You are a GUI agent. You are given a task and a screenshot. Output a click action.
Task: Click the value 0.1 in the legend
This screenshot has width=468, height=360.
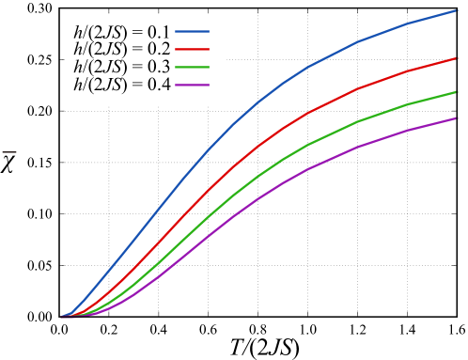tap(158, 30)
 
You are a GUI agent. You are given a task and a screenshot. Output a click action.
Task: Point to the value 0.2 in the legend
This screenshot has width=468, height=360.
tap(158, 49)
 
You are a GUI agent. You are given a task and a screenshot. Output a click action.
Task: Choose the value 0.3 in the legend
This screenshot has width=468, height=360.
tap(158, 68)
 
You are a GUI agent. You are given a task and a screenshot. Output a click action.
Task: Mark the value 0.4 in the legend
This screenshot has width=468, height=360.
tap(158, 86)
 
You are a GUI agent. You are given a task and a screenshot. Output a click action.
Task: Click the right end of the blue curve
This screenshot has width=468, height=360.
tap(457, 10)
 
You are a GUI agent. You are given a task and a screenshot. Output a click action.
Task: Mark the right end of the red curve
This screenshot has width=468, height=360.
tap(457, 57)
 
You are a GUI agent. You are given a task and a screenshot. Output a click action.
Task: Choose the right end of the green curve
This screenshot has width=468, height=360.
tap(457, 92)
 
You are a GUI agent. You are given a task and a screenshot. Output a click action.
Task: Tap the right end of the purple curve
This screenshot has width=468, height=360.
tap(457, 117)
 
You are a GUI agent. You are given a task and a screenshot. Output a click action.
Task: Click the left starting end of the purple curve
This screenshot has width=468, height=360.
tap(62, 317)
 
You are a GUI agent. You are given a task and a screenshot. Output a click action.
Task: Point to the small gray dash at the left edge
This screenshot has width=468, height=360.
tap(9, 151)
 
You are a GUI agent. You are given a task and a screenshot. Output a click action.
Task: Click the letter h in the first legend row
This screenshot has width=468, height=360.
tap(77, 30)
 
